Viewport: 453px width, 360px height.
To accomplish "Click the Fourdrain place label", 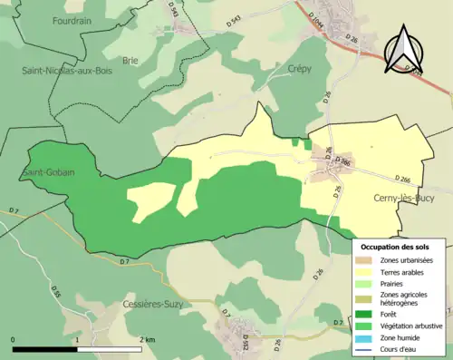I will tap(73, 20).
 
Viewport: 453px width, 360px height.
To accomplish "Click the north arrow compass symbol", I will tap(405, 49).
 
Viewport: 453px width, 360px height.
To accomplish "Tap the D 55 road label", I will tap(54, 293).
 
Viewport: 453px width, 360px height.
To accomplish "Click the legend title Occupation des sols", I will tap(401, 247).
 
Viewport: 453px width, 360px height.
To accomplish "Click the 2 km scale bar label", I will tap(147, 339).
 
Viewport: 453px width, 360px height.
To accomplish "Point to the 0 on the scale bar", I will tap(14, 339).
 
